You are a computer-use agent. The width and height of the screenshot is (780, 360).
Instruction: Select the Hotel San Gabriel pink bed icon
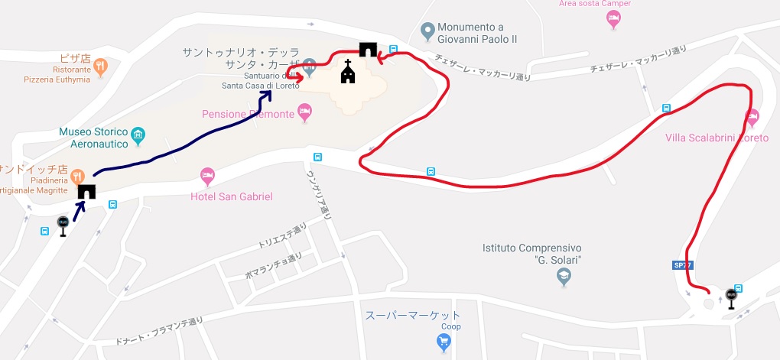207,177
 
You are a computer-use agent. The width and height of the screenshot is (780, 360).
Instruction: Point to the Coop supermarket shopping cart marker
444,343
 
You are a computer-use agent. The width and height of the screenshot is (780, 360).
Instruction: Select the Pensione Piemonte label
248,115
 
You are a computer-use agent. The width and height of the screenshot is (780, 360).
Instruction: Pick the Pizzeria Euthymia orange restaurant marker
101,67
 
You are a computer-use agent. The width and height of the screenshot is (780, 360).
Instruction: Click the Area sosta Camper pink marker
613,21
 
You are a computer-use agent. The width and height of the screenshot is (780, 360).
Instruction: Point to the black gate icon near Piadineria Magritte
86,191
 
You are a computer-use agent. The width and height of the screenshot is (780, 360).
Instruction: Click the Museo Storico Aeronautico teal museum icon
138,136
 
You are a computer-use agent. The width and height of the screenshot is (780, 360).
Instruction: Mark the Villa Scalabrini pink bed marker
752,118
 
